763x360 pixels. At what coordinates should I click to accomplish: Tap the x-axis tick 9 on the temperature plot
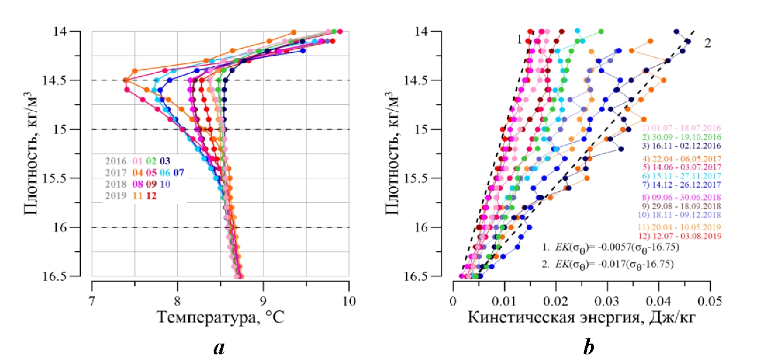click(263, 301)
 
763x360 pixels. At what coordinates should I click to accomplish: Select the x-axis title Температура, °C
click(220, 318)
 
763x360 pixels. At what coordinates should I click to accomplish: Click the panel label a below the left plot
click(219, 348)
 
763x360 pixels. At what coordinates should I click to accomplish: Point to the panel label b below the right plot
click(588, 348)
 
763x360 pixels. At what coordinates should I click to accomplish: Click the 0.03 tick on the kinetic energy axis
click(607, 301)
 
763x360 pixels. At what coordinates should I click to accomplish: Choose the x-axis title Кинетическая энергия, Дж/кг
click(581, 318)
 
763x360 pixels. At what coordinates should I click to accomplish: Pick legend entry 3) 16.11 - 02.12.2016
click(681, 146)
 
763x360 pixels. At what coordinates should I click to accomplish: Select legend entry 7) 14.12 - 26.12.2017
click(681, 184)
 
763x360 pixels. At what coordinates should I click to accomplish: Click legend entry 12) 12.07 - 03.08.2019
click(679, 236)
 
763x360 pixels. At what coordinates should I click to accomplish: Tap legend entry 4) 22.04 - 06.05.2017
click(681, 159)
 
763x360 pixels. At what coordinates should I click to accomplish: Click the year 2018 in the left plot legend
click(116, 184)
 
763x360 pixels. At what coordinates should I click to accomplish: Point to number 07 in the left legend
click(178, 173)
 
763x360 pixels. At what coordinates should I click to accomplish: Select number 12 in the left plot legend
click(151, 196)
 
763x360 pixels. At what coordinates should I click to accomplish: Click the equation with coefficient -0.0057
click(610, 247)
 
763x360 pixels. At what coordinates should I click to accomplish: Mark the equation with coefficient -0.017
click(608, 264)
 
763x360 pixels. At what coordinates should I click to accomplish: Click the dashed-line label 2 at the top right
click(707, 43)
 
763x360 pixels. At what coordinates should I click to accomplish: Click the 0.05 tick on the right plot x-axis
click(709, 301)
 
